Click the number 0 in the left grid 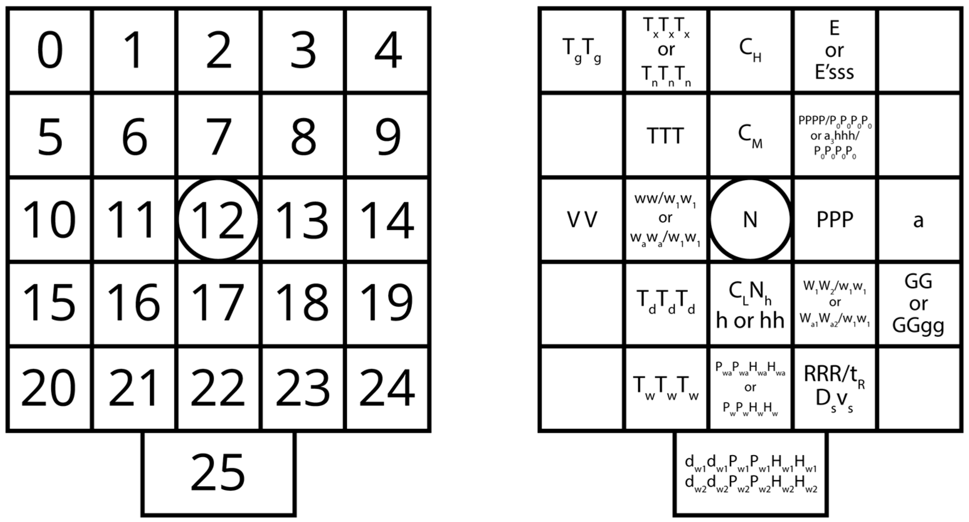(x=50, y=51)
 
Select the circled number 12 (x=218, y=220)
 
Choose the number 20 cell (x=49, y=388)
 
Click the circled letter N (x=750, y=220)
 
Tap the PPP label (x=834, y=220)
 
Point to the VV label (x=581, y=220)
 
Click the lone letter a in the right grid (x=918, y=221)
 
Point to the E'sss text (x=834, y=72)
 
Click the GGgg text (x=918, y=325)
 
